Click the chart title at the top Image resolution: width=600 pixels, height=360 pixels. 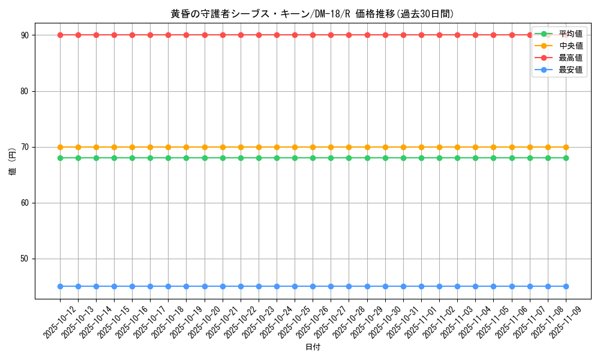[x=312, y=14]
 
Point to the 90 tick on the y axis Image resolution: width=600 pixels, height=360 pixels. [x=25, y=35]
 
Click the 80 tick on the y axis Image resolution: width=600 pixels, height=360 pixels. [x=25, y=91]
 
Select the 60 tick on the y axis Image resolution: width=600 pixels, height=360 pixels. [x=25, y=203]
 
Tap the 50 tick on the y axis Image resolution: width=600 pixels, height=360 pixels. [x=25, y=259]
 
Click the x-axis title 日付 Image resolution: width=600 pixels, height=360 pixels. [x=313, y=347]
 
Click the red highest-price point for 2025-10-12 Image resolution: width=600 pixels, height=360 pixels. [x=60, y=35]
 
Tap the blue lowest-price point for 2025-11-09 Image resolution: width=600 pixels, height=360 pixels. [x=566, y=286]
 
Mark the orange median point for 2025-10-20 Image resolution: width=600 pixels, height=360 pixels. [x=205, y=147]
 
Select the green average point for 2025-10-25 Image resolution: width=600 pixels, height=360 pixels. [x=295, y=158]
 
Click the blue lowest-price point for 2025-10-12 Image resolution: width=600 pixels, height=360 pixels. [x=60, y=286]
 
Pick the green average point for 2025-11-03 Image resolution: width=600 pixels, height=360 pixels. [x=457, y=158]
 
